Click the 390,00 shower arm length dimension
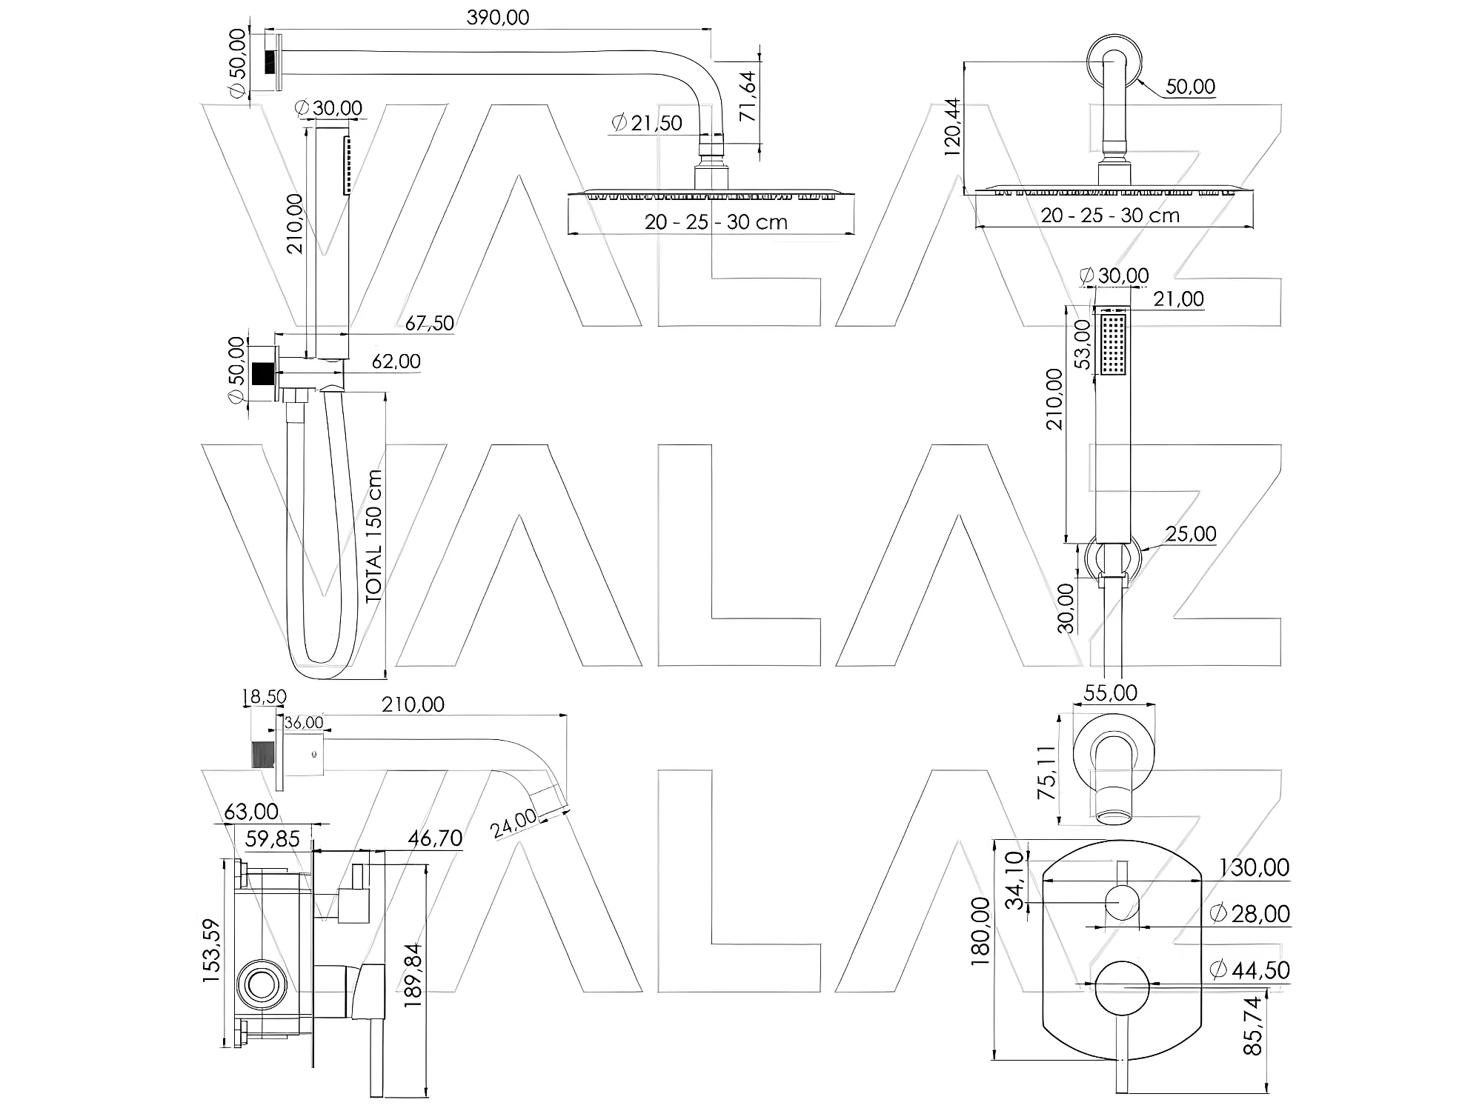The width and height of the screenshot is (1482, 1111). click(x=498, y=18)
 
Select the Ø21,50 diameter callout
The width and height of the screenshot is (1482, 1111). click(x=646, y=123)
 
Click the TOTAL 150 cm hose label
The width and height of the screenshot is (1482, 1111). click(x=374, y=535)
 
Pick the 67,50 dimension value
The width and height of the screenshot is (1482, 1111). click(x=429, y=323)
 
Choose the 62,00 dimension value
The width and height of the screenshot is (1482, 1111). click(x=396, y=361)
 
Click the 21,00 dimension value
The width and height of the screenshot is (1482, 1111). click(x=1178, y=299)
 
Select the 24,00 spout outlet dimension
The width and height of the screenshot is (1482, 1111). click(x=514, y=824)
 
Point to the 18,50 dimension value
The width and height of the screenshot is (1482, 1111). click(x=264, y=697)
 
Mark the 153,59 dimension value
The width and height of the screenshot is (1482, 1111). click(x=211, y=951)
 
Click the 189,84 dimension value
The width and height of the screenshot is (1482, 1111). click(x=413, y=974)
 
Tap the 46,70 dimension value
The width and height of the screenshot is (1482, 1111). click(x=435, y=838)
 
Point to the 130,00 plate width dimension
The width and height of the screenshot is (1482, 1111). click(x=1254, y=867)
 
